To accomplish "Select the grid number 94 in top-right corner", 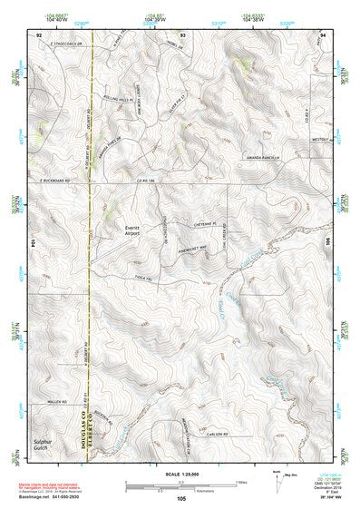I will coord(323,34).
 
